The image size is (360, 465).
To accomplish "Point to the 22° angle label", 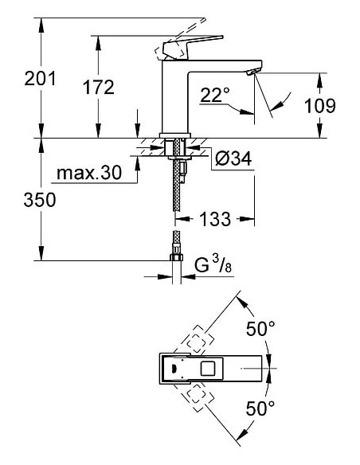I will pyautogui.click(x=215, y=96).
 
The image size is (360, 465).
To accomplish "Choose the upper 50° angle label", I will pyautogui.click(x=260, y=327).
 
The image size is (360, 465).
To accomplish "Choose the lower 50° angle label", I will pyautogui.click(x=260, y=409).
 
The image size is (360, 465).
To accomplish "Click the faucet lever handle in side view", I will pyautogui.click(x=191, y=45).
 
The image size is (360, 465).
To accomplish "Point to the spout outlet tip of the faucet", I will pyautogui.click(x=253, y=72).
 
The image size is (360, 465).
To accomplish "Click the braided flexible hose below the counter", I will pyautogui.click(x=174, y=191).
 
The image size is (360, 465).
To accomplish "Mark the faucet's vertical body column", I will pyautogui.click(x=174, y=96).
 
